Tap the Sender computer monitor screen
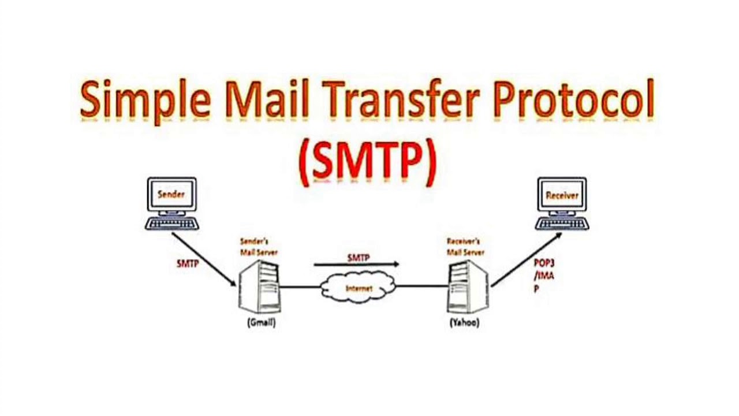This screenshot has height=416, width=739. pyautogui.click(x=171, y=195)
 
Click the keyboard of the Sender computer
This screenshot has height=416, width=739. pyautogui.click(x=171, y=223)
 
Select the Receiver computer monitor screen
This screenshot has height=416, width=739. pyautogui.click(x=562, y=195)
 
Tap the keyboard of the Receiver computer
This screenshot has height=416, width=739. pyautogui.click(x=562, y=223)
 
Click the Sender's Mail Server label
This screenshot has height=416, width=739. pyautogui.click(x=258, y=247)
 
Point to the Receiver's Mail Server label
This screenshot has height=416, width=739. pyautogui.click(x=465, y=247)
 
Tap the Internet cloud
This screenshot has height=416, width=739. pyautogui.click(x=359, y=287)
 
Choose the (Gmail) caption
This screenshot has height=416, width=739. pyautogui.click(x=261, y=323)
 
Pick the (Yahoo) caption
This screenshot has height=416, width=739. pyautogui.click(x=464, y=323)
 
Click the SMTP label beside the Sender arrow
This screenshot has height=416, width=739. pyautogui.click(x=188, y=263)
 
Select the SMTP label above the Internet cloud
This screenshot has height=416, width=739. pyautogui.click(x=358, y=258)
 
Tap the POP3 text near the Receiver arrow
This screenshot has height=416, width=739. pyautogui.click(x=544, y=263)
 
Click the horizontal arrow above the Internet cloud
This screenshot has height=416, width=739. pyautogui.click(x=356, y=265)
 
